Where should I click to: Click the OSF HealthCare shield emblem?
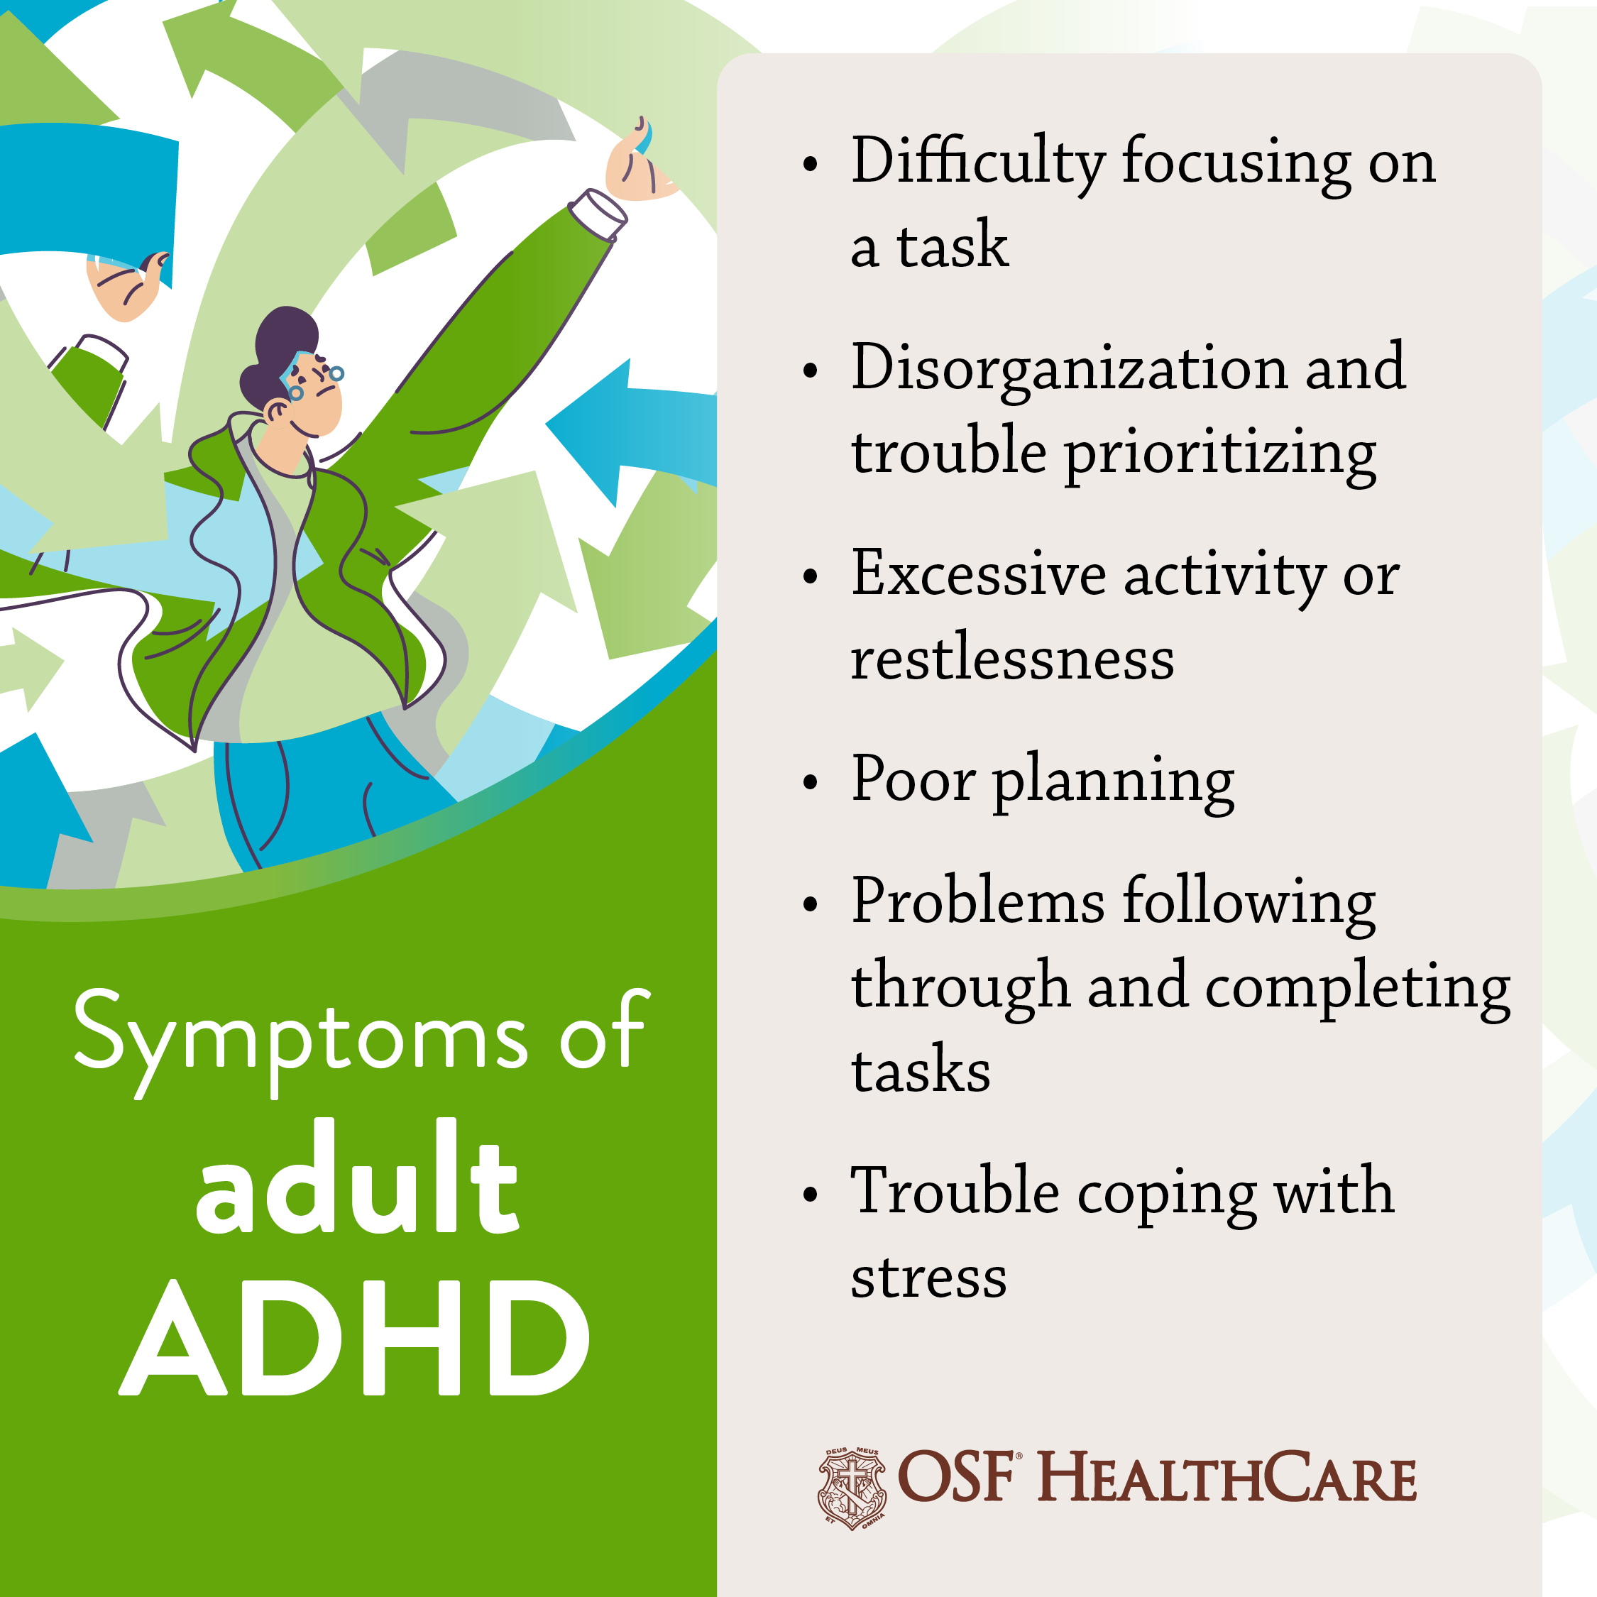(x=852, y=1488)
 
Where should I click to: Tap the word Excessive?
(x=979, y=574)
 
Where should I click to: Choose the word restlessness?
(x=1013, y=659)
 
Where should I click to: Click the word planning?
(x=1114, y=782)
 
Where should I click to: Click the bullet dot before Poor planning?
(x=810, y=782)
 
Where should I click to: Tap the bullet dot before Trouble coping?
(x=810, y=1195)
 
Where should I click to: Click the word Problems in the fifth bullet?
(x=978, y=900)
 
